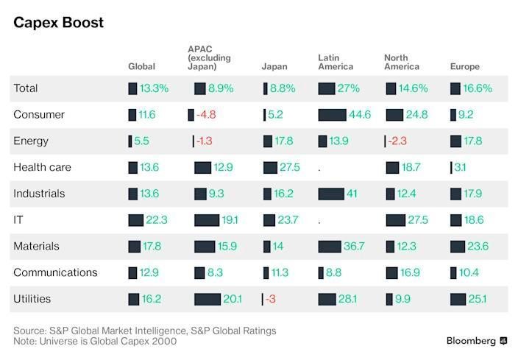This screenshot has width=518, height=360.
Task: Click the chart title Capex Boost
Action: coord(58,22)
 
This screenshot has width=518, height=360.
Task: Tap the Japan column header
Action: coord(274,67)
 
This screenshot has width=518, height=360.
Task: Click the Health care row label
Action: coord(42,167)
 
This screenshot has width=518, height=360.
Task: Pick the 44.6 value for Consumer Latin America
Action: coord(360,115)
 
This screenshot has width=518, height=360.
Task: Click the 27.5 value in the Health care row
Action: coord(290,167)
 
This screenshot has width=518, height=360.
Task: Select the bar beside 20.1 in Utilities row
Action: coord(207,299)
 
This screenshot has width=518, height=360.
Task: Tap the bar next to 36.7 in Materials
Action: coord(330,247)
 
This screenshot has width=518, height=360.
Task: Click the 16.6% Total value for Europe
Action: coord(477,88)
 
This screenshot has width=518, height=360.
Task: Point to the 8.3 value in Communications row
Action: coord(215,273)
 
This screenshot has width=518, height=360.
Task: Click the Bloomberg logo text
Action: coord(471,341)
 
